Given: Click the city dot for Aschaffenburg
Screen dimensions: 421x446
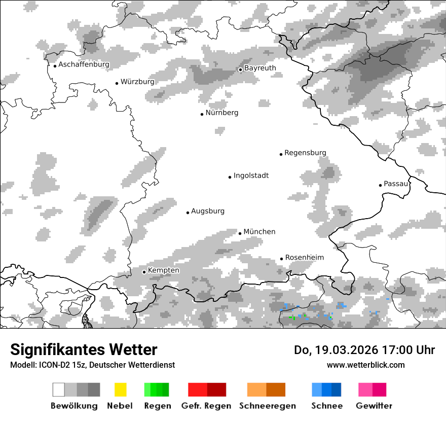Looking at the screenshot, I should (x=55, y=66).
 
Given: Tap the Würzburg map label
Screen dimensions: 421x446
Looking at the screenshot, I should (x=137, y=82).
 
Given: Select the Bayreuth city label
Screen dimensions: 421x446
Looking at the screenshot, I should (x=260, y=68).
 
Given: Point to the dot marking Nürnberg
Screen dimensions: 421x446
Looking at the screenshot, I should (x=202, y=114).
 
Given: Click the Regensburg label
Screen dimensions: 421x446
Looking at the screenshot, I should (x=305, y=153).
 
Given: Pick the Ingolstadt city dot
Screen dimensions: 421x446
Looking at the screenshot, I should (x=230, y=177).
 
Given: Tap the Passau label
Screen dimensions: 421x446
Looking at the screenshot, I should (x=396, y=184).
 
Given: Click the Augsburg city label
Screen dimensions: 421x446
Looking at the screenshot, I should (x=208, y=211).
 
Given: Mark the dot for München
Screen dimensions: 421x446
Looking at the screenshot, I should (x=240, y=233).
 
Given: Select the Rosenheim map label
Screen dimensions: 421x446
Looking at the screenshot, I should (x=305, y=258).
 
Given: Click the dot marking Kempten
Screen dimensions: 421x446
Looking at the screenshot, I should (x=144, y=272).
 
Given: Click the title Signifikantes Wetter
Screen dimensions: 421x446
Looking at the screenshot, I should (x=84, y=350).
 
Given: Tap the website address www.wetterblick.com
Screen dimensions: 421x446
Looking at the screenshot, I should (x=365, y=365).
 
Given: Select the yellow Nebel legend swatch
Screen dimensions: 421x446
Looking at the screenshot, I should (x=121, y=390).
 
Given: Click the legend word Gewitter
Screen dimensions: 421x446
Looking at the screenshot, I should (x=374, y=406).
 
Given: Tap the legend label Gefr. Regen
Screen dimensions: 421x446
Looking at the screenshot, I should (x=206, y=406).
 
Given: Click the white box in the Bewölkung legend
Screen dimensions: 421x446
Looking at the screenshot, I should (x=59, y=390).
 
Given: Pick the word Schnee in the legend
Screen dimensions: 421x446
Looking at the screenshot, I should (x=327, y=406).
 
